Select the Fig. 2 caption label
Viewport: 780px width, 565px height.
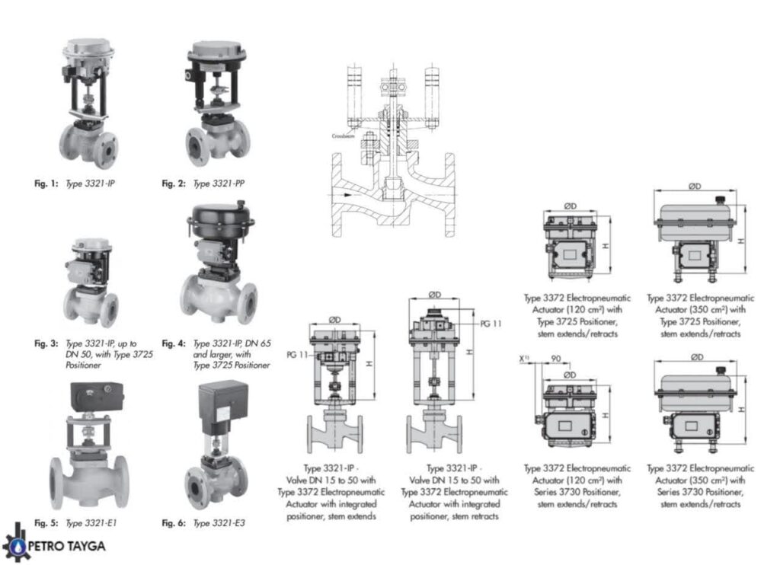click(173, 184)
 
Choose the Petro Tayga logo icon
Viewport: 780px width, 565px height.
click(13, 541)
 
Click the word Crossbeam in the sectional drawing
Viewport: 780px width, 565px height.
click(343, 136)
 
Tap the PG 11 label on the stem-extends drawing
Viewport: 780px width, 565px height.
click(296, 354)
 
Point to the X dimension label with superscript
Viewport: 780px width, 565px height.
click(524, 358)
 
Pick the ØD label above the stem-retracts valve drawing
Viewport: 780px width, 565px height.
click(435, 294)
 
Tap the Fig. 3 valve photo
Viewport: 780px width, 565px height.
click(90, 282)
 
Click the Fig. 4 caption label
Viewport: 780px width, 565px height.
click(173, 343)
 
